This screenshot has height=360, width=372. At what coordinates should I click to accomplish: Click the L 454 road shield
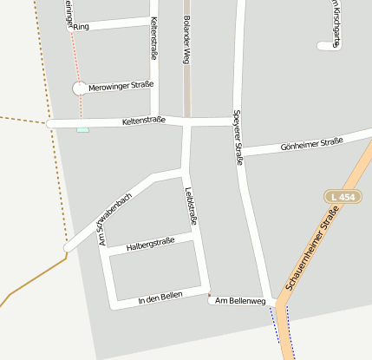344,197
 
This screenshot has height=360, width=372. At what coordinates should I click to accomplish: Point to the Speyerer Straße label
238,137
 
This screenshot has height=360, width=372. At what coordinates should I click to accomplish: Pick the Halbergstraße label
151,245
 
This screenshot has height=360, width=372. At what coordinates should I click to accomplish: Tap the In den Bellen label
160,298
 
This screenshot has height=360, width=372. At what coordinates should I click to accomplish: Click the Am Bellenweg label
238,301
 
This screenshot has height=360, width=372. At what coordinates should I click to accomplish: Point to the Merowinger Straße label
121,85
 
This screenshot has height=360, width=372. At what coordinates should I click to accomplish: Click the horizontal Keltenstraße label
144,121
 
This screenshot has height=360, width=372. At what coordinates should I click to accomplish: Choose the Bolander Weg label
186,39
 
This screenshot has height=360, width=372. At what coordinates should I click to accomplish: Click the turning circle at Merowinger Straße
80,88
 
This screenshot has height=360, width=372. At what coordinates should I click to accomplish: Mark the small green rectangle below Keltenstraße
82,129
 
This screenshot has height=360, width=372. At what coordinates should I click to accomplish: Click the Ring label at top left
82,27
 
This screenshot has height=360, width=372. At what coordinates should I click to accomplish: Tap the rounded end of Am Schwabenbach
67,248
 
